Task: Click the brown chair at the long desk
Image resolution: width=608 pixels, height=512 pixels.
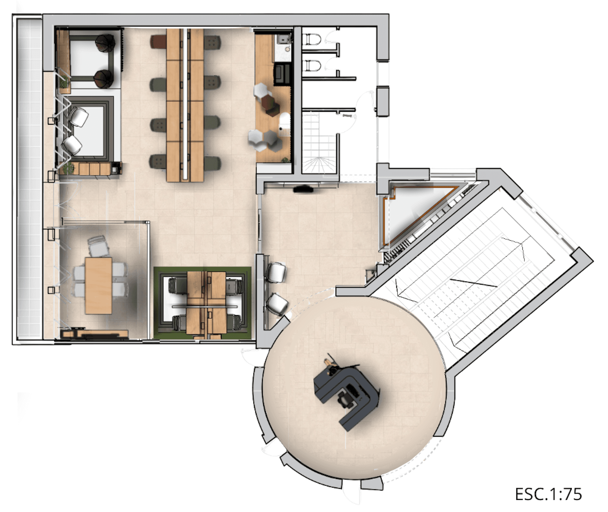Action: coord(159,42)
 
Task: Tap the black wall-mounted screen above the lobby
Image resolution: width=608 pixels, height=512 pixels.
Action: coord(303,188)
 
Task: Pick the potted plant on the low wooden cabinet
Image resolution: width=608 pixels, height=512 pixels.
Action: coord(68,168)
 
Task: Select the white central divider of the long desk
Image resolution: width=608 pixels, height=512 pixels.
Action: coord(185,104)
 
